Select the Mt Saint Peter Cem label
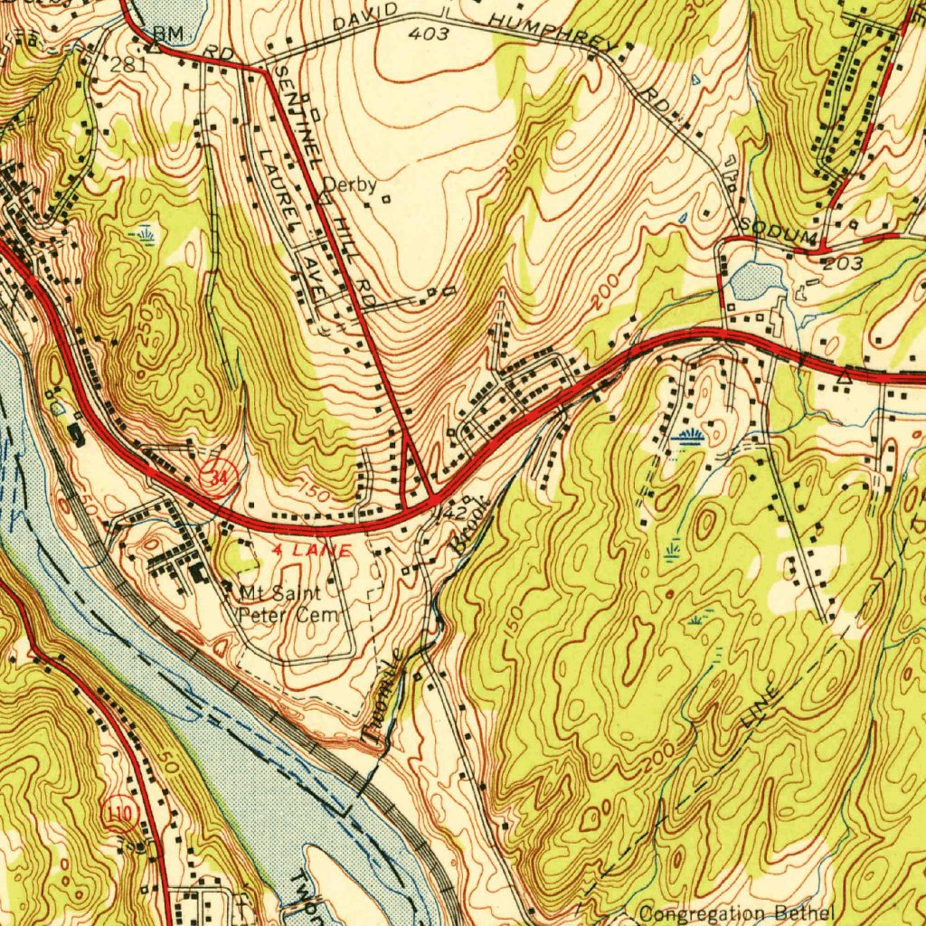287,605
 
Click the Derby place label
350,184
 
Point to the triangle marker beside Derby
325,194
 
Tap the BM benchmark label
168,33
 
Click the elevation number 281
128,64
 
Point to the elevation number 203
843,264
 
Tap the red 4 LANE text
312,549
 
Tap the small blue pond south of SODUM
757,281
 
